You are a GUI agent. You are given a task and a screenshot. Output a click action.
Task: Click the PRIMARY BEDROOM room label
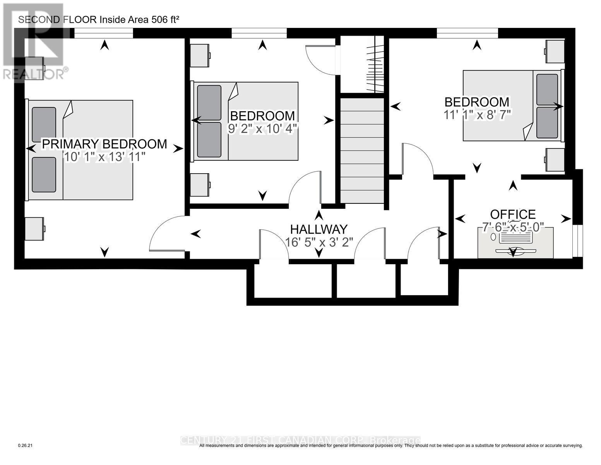pos(104,144)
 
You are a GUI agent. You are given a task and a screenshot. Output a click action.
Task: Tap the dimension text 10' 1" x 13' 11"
pos(104,157)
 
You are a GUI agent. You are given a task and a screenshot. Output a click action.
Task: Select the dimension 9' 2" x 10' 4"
pos(262,129)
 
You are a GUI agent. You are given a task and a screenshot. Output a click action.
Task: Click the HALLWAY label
pos(319,229)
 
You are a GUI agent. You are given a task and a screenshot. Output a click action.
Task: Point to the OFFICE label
pos(513,214)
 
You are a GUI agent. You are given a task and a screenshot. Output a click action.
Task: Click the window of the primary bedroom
pos(103,34)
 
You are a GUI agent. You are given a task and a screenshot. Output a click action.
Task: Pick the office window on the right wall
pos(577,240)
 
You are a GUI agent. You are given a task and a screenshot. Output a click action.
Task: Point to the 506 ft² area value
pos(164,20)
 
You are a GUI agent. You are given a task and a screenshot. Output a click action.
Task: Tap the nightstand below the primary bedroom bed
pos(35,228)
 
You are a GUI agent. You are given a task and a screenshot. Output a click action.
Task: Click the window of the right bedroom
pos(467,34)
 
